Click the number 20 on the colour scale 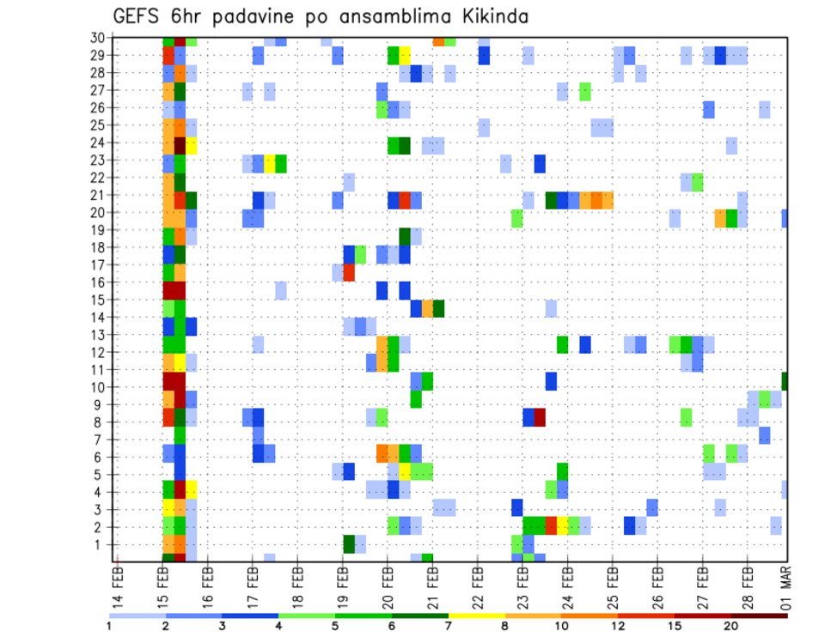pyautogui.click(x=731, y=626)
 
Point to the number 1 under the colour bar pyautogui.click(x=110, y=626)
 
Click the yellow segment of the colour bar pyautogui.click(x=477, y=616)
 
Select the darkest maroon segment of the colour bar pyautogui.click(x=760, y=616)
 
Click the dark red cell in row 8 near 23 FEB pyautogui.click(x=540, y=417)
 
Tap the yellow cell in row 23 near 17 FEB pyautogui.click(x=270, y=163)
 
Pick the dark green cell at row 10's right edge pyautogui.click(x=785, y=379)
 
